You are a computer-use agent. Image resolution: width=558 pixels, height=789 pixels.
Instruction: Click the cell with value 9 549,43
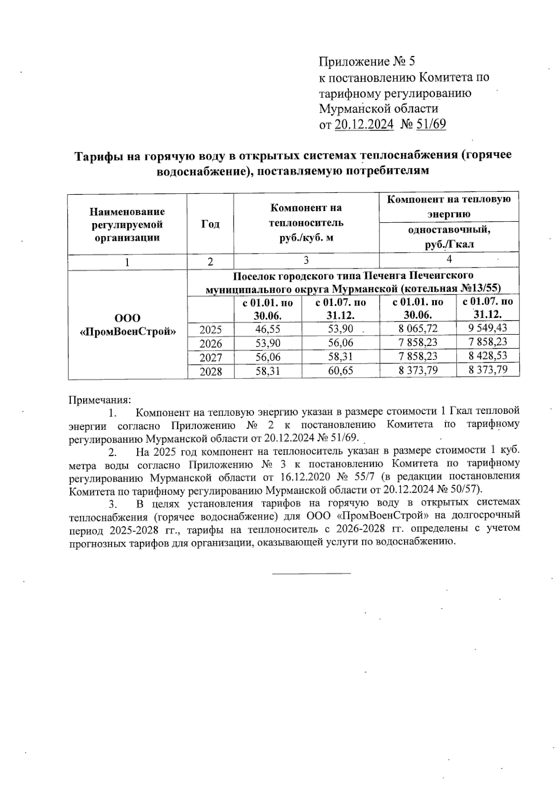tap(488, 328)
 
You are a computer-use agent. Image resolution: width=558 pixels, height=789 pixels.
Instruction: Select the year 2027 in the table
tap(211, 358)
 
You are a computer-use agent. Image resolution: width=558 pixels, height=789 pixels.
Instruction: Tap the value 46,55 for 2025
tap(267, 330)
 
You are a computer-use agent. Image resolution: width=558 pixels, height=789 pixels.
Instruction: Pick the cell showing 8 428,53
tap(488, 356)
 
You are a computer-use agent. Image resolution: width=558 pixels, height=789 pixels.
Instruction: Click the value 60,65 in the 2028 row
tap(340, 371)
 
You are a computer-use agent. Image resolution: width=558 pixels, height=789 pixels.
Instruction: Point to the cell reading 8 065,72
tap(418, 328)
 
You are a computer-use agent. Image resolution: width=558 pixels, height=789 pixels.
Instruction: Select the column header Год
tap(210, 224)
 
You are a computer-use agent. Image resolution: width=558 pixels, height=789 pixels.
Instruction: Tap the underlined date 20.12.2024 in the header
tap(364, 124)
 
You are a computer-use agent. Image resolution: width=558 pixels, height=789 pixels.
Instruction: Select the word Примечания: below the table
tap(100, 399)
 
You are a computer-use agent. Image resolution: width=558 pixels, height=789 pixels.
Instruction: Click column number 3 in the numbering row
tap(306, 260)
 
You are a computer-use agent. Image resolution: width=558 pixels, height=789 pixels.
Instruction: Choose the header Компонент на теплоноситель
tap(306, 222)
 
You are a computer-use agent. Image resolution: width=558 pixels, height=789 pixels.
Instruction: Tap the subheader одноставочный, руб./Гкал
tap(449, 237)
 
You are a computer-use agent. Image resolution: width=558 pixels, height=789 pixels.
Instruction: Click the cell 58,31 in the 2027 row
tap(340, 357)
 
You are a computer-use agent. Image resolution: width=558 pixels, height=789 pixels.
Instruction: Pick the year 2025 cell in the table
tap(211, 330)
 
